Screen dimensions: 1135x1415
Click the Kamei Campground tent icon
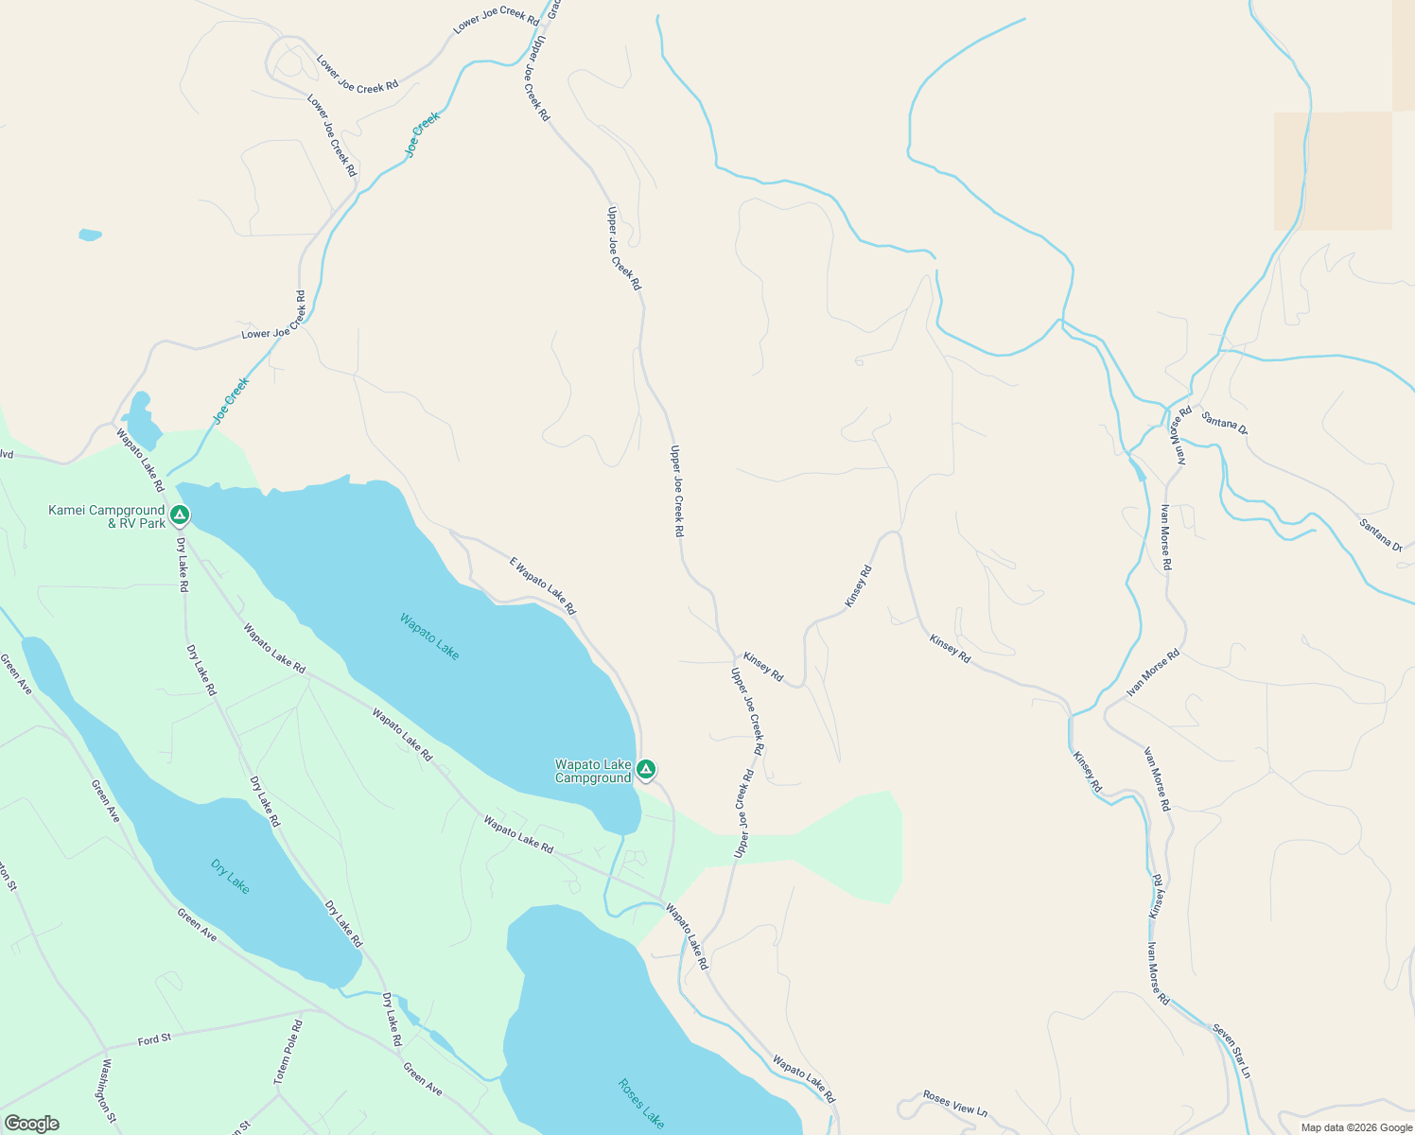[180, 515]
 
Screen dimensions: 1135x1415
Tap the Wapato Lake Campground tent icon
[646, 769]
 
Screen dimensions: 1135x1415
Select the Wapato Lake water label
[429, 637]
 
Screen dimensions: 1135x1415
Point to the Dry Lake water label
[230, 876]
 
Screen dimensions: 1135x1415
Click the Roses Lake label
[641, 1103]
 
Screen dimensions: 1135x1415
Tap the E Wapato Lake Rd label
[543, 585]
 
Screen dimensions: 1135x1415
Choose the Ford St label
[154, 1039]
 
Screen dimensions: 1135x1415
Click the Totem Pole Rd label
[288, 1052]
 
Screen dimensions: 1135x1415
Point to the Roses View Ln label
[955, 1104]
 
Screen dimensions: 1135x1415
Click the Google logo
[31, 1124]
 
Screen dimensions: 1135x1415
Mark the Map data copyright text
[1355, 1127]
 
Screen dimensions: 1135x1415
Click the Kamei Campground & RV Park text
[107, 516]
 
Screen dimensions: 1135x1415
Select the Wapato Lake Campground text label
[593, 771]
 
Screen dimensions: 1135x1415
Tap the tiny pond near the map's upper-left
[90, 235]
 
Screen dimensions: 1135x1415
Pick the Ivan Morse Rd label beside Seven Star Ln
[1159, 973]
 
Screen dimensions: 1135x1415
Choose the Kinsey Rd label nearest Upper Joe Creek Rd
[763, 667]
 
